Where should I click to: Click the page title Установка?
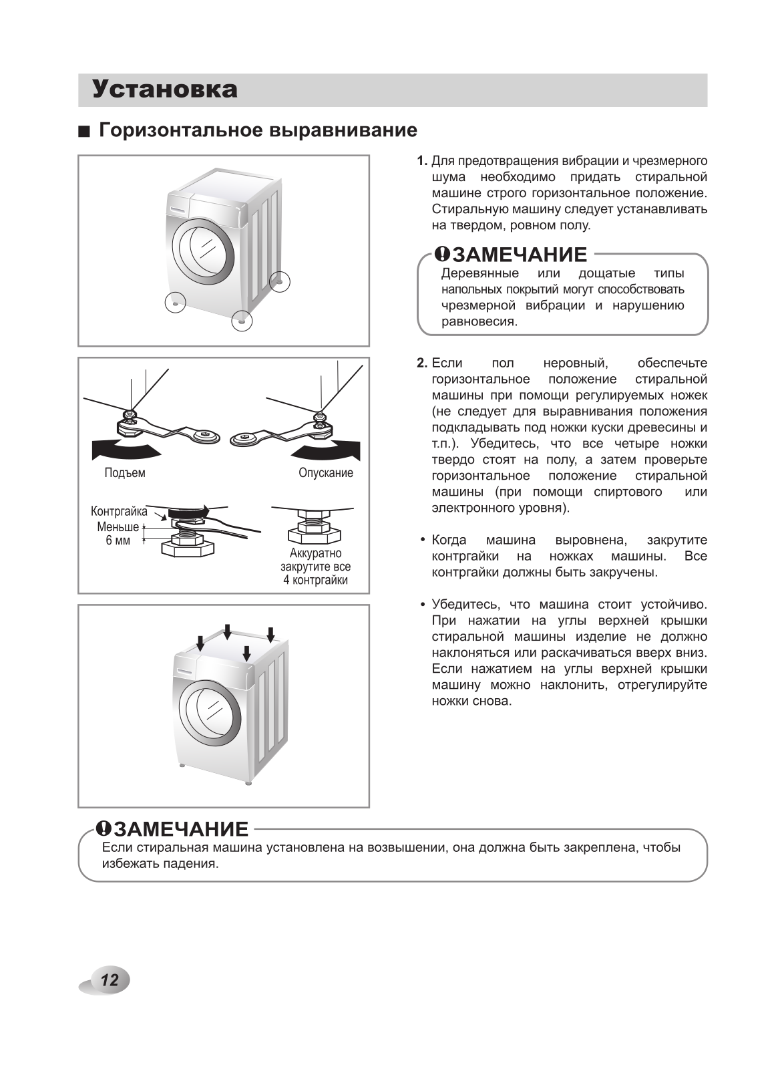(x=164, y=90)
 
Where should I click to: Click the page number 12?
(x=110, y=980)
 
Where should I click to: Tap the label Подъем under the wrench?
(x=125, y=473)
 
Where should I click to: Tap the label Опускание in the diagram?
(x=326, y=473)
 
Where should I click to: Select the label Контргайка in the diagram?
(x=119, y=512)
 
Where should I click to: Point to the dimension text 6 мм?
(x=118, y=541)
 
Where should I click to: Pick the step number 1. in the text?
(x=422, y=161)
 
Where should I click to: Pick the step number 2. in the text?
(x=422, y=363)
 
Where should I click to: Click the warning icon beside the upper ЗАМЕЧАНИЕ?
(x=443, y=254)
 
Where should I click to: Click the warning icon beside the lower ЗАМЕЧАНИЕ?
(x=104, y=829)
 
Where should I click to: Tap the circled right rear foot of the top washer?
(x=280, y=281)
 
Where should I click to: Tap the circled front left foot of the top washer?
(x=175, y=302)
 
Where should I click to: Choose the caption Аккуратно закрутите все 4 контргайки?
(x=315, y=567)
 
